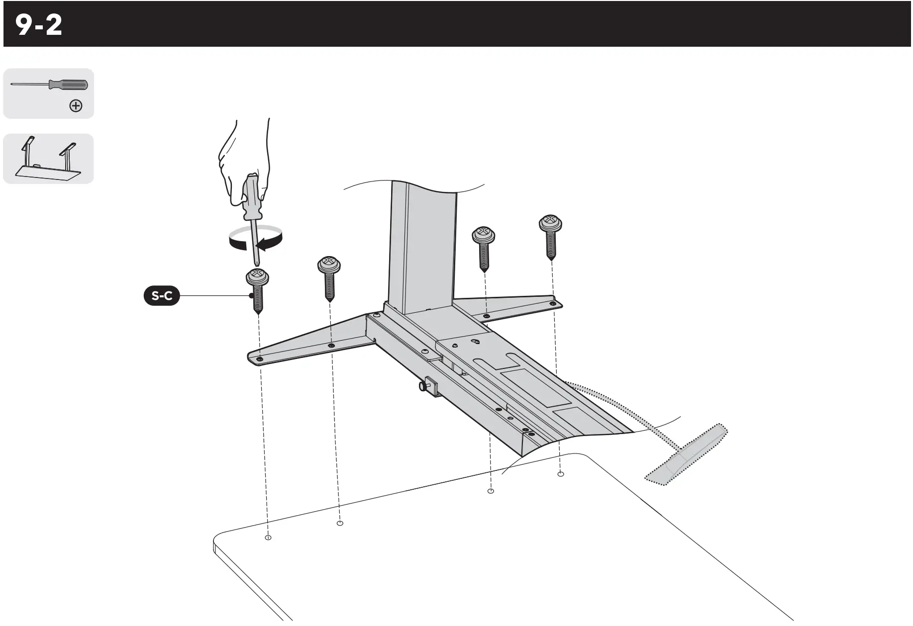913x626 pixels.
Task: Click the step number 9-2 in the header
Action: pos(39,25)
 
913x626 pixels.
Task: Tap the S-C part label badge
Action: pos(162,296)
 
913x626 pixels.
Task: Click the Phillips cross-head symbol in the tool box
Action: pos(76,106)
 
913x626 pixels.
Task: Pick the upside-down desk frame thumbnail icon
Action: pos(48,159)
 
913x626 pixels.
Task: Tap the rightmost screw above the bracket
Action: pos(550,236)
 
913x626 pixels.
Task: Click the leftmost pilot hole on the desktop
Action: pos(268,537)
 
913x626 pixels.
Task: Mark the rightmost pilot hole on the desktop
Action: pos(561,474)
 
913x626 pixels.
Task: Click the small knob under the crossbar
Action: pos(424,385)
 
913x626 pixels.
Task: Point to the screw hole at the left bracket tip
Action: pos(259,358)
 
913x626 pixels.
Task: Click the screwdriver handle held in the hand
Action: pos(250,196)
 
